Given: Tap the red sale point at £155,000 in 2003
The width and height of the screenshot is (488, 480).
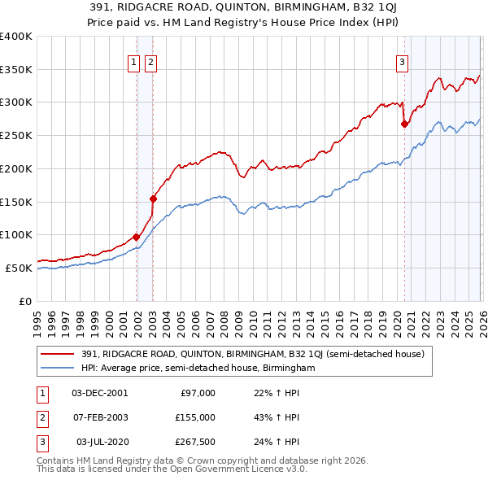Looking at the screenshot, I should (153, 198).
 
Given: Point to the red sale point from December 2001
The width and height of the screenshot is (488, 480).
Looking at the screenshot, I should (136, 237).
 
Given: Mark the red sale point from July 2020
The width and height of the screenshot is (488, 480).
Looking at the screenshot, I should (404, 124).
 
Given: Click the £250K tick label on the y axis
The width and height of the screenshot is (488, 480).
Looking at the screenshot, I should (15, 135).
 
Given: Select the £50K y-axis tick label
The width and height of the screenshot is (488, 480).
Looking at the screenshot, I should (18, 268).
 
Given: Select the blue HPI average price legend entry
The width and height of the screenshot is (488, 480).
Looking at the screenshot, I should (198, 369).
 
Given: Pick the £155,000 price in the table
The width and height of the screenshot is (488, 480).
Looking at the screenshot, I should (195, 417).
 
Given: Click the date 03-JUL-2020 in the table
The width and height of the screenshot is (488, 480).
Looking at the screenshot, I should (102, 442).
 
